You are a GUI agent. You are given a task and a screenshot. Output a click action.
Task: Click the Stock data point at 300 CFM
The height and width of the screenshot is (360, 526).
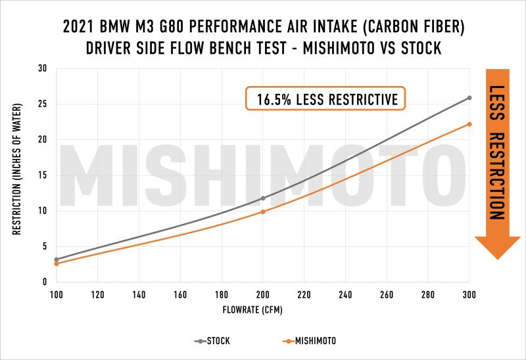click(469, 98)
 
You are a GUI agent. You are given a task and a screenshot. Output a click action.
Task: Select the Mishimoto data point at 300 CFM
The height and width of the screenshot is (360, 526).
click(469, 124)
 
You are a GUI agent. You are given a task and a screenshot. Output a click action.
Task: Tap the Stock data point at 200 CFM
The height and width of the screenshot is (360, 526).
click(263, 198)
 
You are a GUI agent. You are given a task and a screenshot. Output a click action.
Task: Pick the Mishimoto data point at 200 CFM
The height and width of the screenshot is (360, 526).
click(263, 212)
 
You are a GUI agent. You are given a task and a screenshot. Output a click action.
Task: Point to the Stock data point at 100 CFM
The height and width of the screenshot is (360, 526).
click(57, 259)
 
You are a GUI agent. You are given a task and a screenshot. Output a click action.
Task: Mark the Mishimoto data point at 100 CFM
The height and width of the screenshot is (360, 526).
click(57, 263)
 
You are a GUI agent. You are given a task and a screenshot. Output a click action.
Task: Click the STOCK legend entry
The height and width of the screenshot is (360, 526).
click(212, 341)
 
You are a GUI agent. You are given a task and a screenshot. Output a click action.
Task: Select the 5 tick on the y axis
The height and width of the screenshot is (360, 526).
click(43, 246)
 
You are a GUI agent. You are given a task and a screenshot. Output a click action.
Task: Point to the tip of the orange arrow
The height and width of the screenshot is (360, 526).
click(497, 260)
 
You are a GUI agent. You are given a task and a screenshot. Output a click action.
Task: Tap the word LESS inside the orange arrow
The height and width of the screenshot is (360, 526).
click(497, 104)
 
